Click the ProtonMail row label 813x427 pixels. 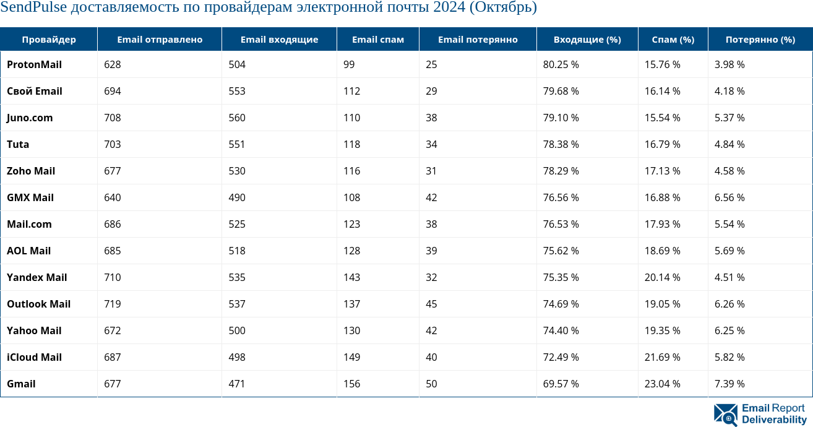[34, 64]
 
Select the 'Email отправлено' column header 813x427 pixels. [160, 40]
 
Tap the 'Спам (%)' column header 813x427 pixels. [673, 40]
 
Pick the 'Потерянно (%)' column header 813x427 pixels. [760, 40]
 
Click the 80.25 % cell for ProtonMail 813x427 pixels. [561, 64]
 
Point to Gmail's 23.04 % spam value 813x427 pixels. [662, 384]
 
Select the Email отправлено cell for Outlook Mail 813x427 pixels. [113, 304]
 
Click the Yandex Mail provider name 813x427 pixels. [37, 277]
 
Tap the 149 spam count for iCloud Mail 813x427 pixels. [351, 357]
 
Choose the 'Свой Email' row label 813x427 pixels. [35, 91]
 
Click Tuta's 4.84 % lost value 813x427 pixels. [729, 144]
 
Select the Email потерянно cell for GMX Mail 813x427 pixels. [431, 197]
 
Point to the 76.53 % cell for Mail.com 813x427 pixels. [561, 224]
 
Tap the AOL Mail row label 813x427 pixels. [28, 251]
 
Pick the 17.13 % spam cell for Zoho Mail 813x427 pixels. [662, 171]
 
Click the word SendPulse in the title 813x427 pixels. [34, 8]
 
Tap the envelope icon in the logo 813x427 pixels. [725, 415]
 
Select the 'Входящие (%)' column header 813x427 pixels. [587, 40]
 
